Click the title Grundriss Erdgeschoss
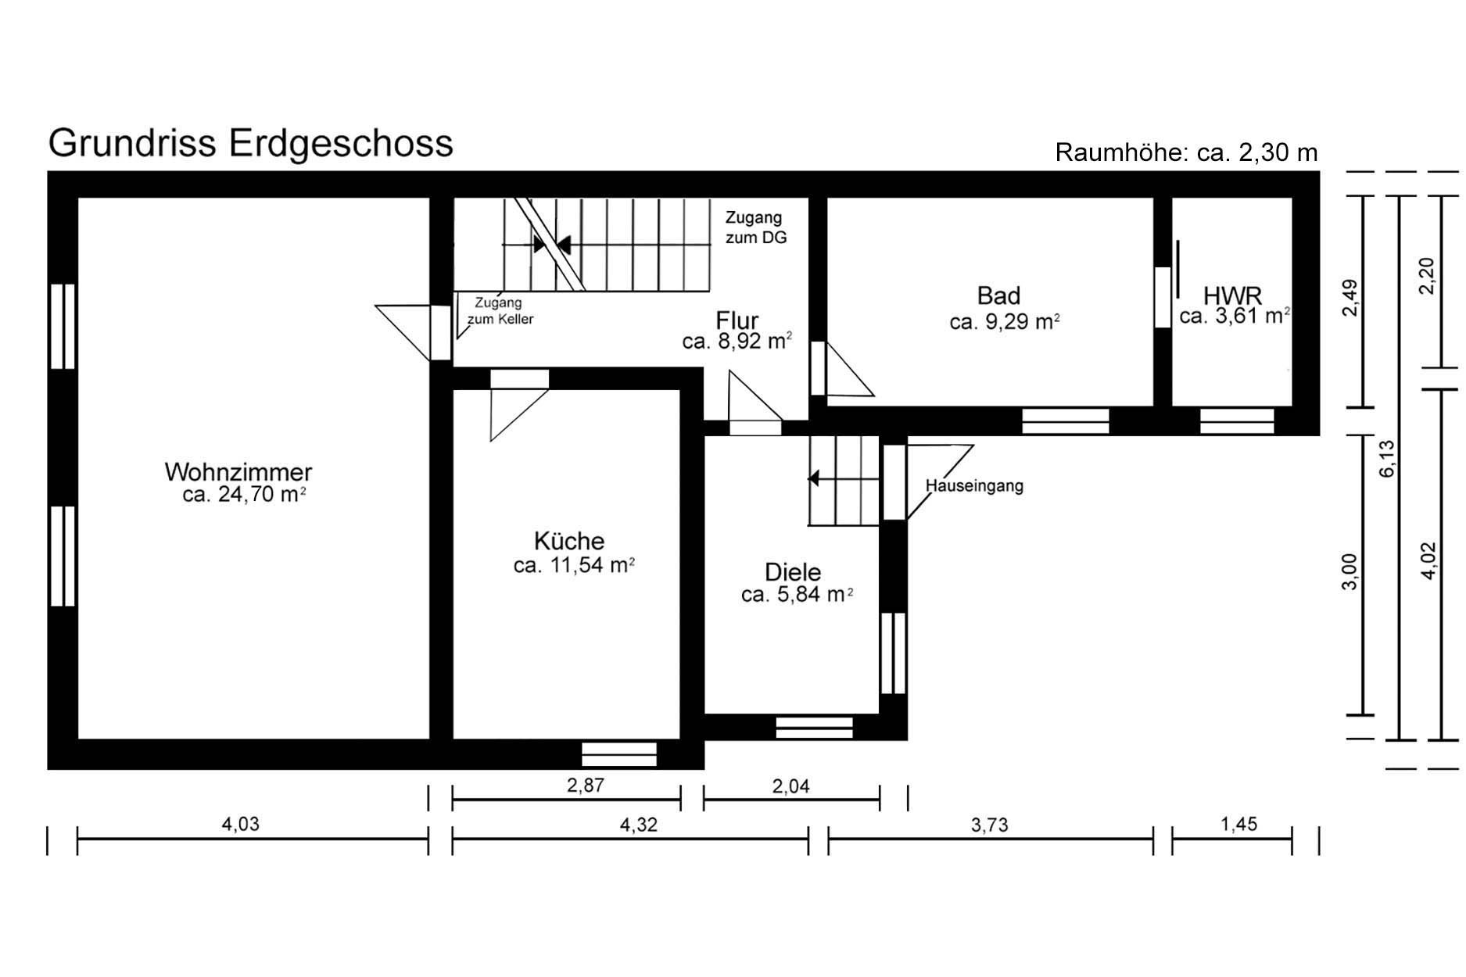(x=250, y=144)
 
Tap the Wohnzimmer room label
(x=238, y=472)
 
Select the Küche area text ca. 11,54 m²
(x=574, y=565)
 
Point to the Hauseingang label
(x=974, y=485)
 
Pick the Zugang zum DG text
(x=755, y=227)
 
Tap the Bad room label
(x=998, y=295)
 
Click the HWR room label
(x=1232, y=295)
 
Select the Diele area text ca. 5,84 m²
(x=797, y=595)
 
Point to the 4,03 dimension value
(x=240, y=823)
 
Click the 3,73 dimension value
(x=989, y=824)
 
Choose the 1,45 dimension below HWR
(x=1238, y=823)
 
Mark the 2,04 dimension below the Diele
(x=790, y=786)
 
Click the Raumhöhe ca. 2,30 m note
(x=1186, y=152)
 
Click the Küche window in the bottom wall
(x=619, y=754)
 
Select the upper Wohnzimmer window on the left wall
(x=63, y=325)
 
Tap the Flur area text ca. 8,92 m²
(x=737, y=341)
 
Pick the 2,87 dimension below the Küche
(x=586, y=785)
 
